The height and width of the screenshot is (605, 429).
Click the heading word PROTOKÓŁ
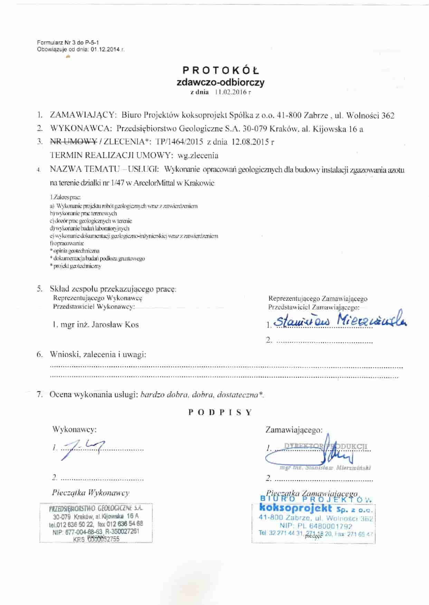pyautogui.click(x=221, y=71)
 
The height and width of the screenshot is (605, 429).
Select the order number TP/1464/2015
pyautogui.click(x=180, y=142)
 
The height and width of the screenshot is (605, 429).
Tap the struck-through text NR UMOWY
pyautogui.click(x=73, y=142)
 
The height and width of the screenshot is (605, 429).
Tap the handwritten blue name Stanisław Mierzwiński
pyautogui.click(x=340, y=320)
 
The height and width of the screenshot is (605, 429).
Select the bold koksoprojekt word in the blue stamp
pyautogui.click(x=295, y=508)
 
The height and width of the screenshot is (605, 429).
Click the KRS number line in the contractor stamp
pyautogui.click(x=96, y=539)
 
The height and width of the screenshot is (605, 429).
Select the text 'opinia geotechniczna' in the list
pyautogui.click(x=76, y=251)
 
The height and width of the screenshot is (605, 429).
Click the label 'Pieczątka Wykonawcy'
pyautogui.click(x=91, y=493)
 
